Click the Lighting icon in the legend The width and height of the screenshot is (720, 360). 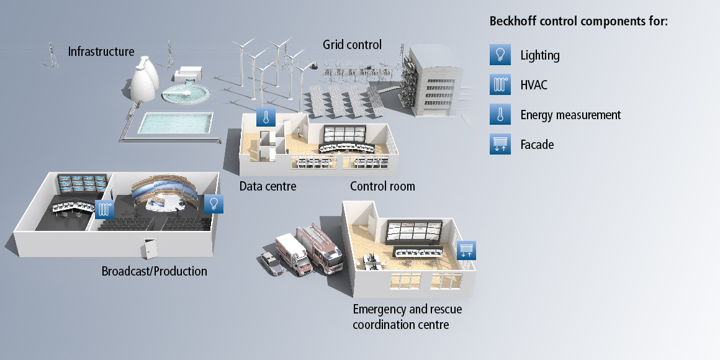(x=500, y=55)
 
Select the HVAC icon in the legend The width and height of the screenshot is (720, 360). (x=500, y=85)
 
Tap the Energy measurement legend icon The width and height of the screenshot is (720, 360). (x=500, y=115)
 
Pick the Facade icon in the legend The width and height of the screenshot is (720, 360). (x=500, y=145)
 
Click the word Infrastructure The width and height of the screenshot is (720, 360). (x=101, y=51)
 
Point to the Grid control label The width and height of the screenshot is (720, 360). (x=352, y=45)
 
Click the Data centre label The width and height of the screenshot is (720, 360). (x=268, y=186)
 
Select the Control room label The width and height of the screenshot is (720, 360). (x=382, y=186)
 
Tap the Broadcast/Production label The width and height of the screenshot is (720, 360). (x=154, y=271)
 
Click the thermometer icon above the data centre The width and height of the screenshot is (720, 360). (x=266, y=116)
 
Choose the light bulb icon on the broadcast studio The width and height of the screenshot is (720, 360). (x=214, y=203)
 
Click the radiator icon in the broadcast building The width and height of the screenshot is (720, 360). (x=104, y=209)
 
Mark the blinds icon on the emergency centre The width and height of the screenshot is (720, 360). (x=466, y=250)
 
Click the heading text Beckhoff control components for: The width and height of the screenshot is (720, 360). (x=578, y=21)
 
